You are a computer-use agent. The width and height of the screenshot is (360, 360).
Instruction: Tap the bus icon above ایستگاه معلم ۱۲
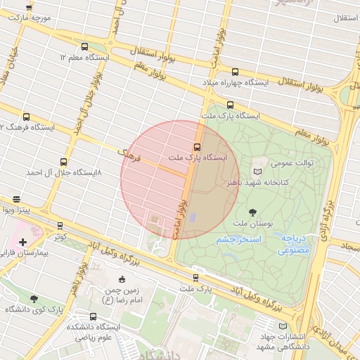(85, 46)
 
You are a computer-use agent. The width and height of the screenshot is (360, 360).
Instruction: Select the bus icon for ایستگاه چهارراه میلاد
(235, 72)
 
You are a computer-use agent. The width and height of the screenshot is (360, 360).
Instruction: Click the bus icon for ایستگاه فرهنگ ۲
(27, 117)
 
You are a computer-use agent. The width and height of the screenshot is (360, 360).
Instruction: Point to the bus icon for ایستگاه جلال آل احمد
(64, 162)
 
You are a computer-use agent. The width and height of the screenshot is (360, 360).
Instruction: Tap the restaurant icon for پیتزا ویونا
(16, 200)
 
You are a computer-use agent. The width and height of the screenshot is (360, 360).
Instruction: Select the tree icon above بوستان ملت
(252, 212)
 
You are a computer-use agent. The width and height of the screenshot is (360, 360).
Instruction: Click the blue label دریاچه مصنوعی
(295, 244)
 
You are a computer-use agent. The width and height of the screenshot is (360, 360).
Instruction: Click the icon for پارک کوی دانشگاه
(33, 300)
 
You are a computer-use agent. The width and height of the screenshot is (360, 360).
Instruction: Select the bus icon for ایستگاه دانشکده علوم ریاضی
(93, 316)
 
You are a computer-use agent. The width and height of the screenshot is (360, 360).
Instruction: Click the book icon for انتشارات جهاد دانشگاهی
(283, 326)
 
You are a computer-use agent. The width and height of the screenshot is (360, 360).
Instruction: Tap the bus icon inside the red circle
(196, 148)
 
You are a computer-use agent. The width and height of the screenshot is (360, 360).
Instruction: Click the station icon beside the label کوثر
(60, 226)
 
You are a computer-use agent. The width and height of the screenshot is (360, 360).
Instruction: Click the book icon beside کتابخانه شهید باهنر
(257, 171)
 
